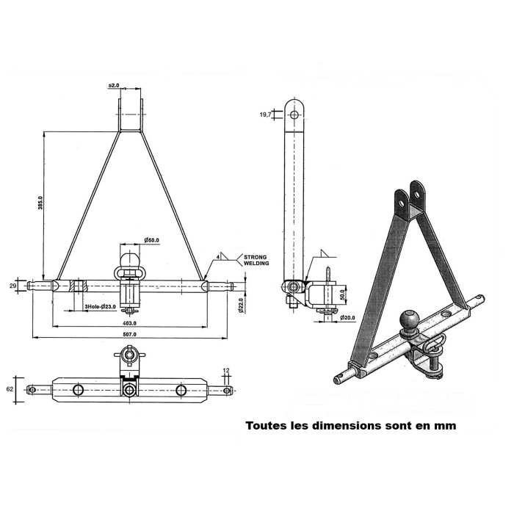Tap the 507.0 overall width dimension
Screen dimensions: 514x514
point(133,334)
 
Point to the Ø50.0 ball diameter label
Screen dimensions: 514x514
point(152,240)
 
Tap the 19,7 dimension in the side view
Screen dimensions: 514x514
point(266,114)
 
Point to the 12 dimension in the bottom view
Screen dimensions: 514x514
point(225,370)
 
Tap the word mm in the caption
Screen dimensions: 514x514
point(444,425)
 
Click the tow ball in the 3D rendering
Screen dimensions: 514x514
point(407,320)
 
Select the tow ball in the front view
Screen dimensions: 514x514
point(130,260)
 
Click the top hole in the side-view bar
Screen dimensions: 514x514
point(296,114)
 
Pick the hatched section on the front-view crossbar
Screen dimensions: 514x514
point(73,284)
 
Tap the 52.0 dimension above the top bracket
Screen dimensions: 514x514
point(115,86)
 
